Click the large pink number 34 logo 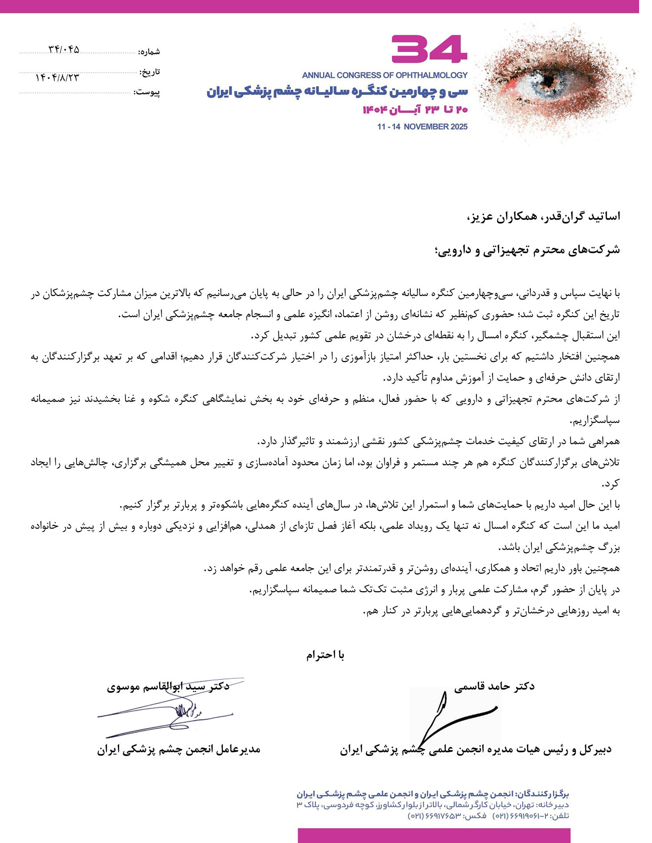[429, 50]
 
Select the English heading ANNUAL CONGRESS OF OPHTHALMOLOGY [385, 75]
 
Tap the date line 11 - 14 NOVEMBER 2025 [422, 127]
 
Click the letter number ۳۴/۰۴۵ [64, 50]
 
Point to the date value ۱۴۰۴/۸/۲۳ [57, 77]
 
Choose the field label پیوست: [147, 93]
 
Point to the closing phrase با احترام [325, 655]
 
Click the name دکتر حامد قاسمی [494, 686]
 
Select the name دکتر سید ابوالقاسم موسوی [168, 687]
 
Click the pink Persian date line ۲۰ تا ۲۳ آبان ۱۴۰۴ [415, 110]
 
